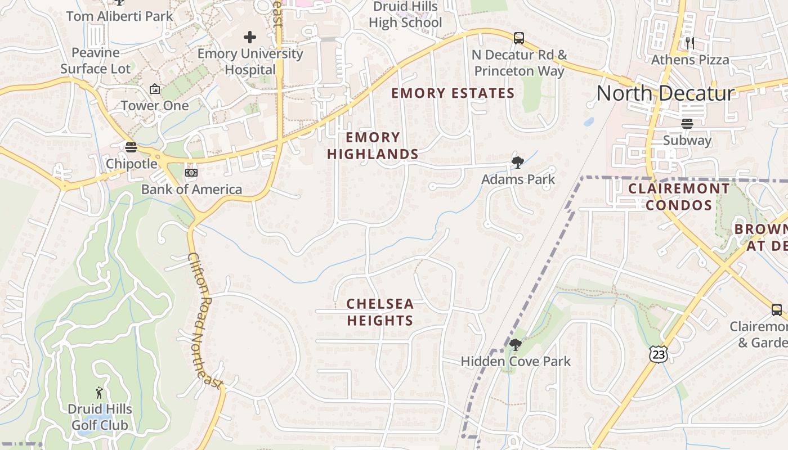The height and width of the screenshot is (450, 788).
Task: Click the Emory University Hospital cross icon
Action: pos(250,38)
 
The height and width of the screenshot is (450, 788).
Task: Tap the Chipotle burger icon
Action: pos(131,147)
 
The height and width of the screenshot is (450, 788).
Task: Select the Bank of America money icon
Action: pos(191,173)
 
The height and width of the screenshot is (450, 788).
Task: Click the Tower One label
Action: pos(155,105)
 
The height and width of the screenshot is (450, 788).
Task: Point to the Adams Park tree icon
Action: pos(517,163)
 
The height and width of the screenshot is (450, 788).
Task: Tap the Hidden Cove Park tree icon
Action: pos(515,345)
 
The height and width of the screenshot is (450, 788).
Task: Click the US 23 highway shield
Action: pos(658,354)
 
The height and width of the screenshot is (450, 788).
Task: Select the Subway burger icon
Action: pos(687,124)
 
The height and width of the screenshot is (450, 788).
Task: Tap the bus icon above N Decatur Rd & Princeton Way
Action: pos(519,38)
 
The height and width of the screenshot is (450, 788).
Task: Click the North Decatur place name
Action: pos(665,93)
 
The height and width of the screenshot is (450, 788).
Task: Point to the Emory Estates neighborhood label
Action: pos(453,93)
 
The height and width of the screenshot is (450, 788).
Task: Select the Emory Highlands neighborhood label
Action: pos(373,146)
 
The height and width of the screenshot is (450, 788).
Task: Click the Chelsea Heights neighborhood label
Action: pos(380,312)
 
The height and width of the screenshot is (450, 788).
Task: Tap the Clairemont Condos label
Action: pos(679,196)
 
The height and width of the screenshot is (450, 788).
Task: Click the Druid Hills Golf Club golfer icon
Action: pos(100,392)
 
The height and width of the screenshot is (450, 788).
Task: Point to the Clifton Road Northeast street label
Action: pos(205,321)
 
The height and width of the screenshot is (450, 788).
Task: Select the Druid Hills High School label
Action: pos(405,15)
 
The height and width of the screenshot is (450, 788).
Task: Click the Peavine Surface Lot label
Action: pos(96,61)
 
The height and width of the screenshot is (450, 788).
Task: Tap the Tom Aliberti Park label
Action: pos(119,16)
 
